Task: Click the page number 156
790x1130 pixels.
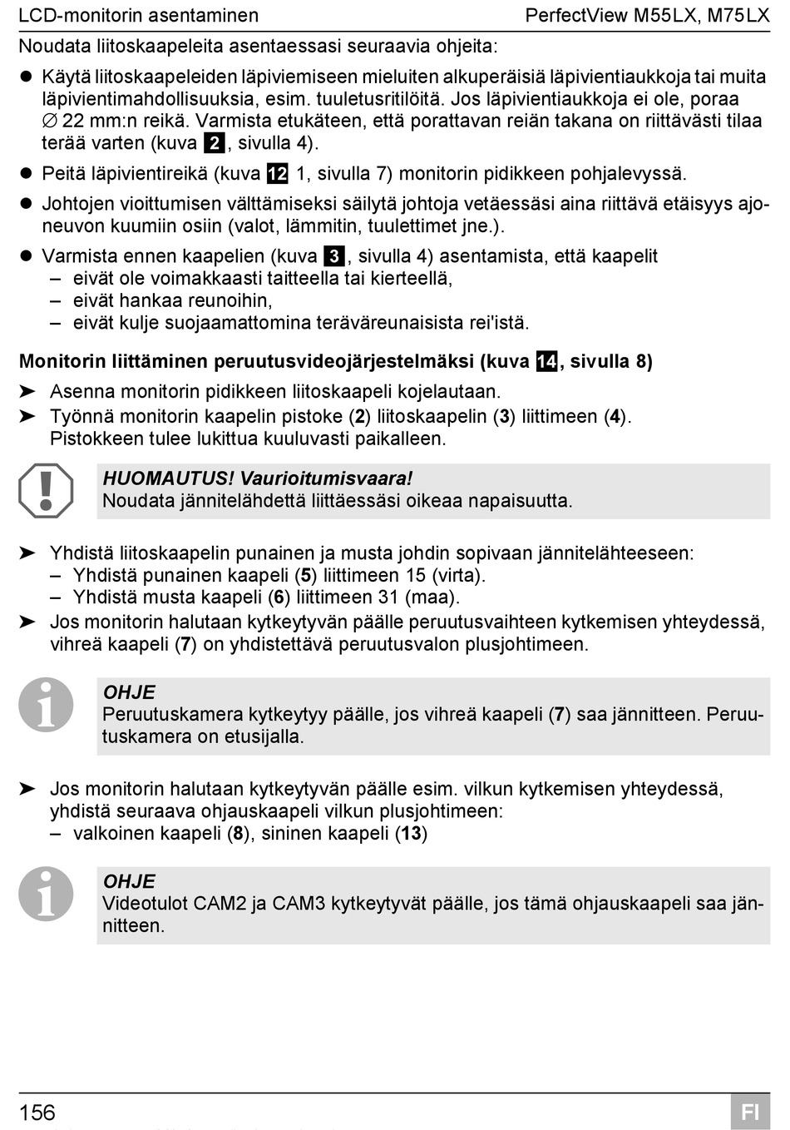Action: tap(37, 1113)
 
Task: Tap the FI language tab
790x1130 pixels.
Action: tap(749, 1113)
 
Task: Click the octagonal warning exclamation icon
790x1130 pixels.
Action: tap(46, 491)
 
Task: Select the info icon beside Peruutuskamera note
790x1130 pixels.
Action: tap(46, 705)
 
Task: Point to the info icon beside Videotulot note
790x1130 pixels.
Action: tap(46, 894)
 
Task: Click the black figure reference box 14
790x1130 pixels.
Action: tap(546, 362)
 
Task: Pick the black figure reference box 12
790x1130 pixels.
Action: tap(277, 174)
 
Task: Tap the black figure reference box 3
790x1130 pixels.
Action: tap(333, 256)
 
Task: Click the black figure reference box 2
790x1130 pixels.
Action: tap(214, 143)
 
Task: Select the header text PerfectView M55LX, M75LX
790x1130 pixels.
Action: tap(647, 16)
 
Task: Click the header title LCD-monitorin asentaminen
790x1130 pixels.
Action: tap(138, 16)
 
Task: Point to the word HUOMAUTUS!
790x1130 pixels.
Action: tap(169, 478)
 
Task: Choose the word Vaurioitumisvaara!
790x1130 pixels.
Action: tap(326, 478)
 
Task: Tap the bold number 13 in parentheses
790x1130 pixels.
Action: tap(411, 833)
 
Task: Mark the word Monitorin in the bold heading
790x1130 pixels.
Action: tap(60, 362)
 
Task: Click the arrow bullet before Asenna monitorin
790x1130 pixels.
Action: tap(27, 391)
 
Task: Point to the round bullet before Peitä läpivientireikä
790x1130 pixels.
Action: tap(26, 174)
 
